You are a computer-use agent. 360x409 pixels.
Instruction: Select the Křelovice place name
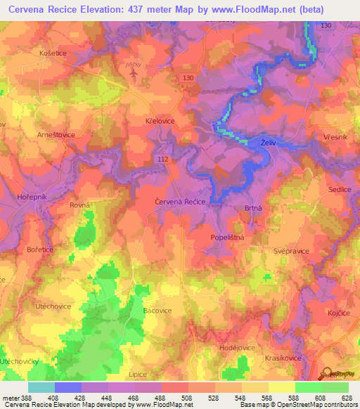tap(160, 122)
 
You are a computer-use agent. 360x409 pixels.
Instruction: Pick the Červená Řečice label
tap(180, 202)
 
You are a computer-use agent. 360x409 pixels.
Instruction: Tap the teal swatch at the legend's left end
tap(41, 387)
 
